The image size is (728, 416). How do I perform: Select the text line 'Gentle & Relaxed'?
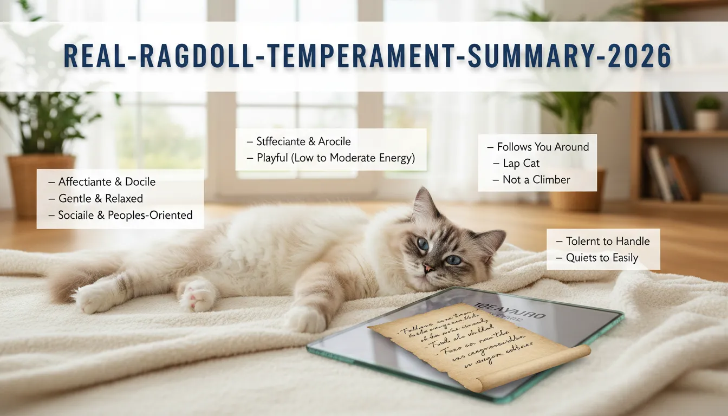point(101,198)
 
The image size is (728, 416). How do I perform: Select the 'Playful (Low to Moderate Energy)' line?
point(330,158)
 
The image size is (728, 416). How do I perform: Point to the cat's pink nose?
point(427,268)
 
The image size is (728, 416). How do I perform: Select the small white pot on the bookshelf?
point(707,119)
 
